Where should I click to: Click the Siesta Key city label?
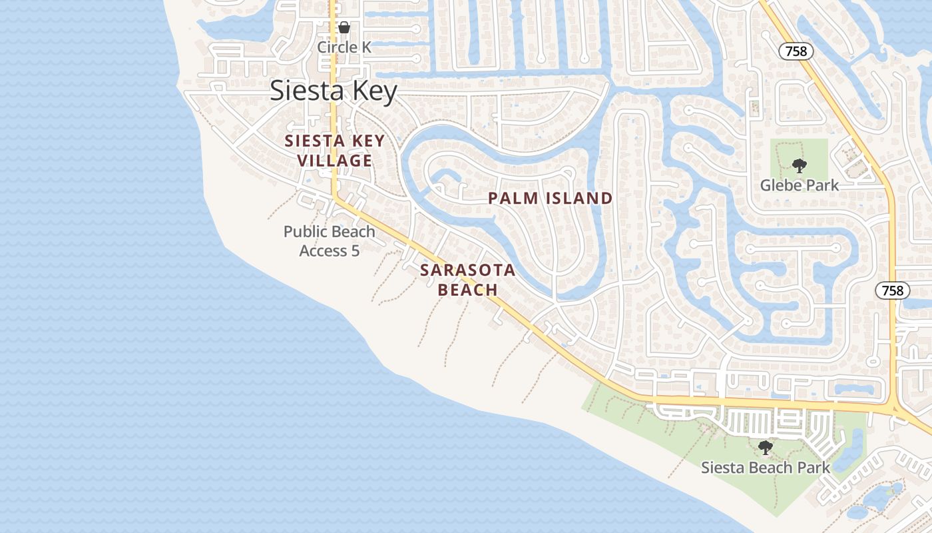[333, 91]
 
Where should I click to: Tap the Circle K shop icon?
[344, 27]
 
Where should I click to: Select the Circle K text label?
[344, 47]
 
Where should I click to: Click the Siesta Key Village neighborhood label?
[335, 151]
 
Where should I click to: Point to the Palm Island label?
[550, 198]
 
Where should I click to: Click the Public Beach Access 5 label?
[330, 241]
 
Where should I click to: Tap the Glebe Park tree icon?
[799, 165]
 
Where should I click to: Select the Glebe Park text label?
[800, 185]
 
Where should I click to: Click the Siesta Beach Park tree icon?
[766, 447]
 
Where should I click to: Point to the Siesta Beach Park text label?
[766, 468]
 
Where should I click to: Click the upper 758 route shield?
[796, 51]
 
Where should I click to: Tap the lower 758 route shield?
[892, 290]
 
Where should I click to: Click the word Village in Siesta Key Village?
[335, 161]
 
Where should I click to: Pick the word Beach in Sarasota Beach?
[468, 290]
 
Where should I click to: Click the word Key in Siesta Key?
[371, 91]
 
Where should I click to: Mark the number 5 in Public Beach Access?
[355, 251]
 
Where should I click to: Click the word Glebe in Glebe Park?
[782, 185]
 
